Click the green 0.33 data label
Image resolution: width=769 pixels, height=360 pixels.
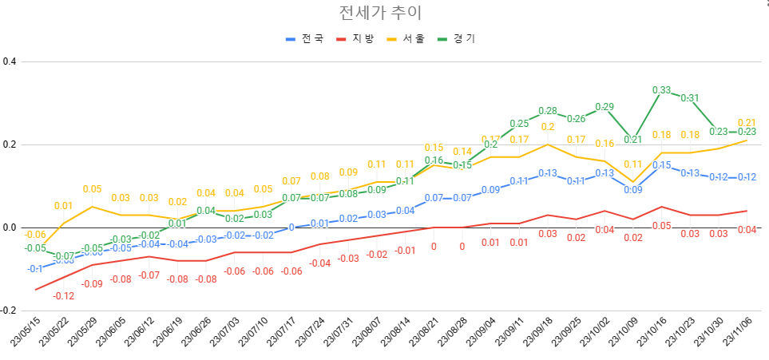pos(662,90)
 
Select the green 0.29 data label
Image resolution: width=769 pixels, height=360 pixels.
pos(604,107)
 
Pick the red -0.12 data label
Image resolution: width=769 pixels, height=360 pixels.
pos(64,296)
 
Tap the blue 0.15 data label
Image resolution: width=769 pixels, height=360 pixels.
pos(662,165)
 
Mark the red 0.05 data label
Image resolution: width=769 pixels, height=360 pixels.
pos(662,226)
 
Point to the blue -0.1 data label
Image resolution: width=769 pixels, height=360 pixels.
pos(35,269)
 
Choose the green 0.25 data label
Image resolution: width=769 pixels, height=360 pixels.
pos(519,124)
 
